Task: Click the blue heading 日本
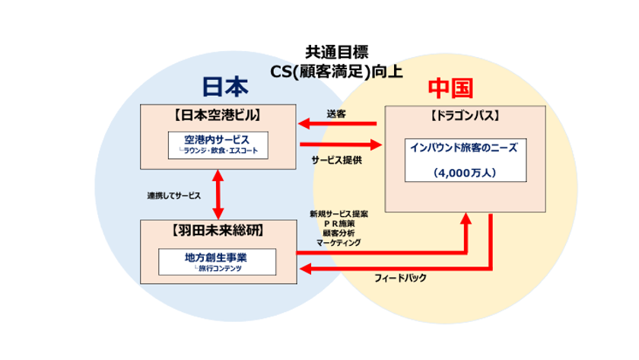(x=225, y=87)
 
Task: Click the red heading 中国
(x=450, y=88)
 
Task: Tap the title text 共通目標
(x=336, y=53)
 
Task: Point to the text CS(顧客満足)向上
(x=336, y=72)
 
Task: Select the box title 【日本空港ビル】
(x=218, y=116)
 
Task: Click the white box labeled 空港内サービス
(x=218, y=145)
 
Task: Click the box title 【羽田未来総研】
(x=218, y=231)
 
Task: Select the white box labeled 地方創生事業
(x=218, y=262)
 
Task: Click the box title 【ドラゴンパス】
(x=465, y=116)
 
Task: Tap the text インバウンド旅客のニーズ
(x=464, y=148)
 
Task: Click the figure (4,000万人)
(x=465, y=173)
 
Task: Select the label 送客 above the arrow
(x=336, y=114)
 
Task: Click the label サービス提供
(x=336, y=161)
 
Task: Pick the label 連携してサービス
(x=174, y=196)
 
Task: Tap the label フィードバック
(x=401, y=278)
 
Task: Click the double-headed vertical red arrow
(x=218, y=195)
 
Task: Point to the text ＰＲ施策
(x=339, y=224)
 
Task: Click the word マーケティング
(x=339, y=243)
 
